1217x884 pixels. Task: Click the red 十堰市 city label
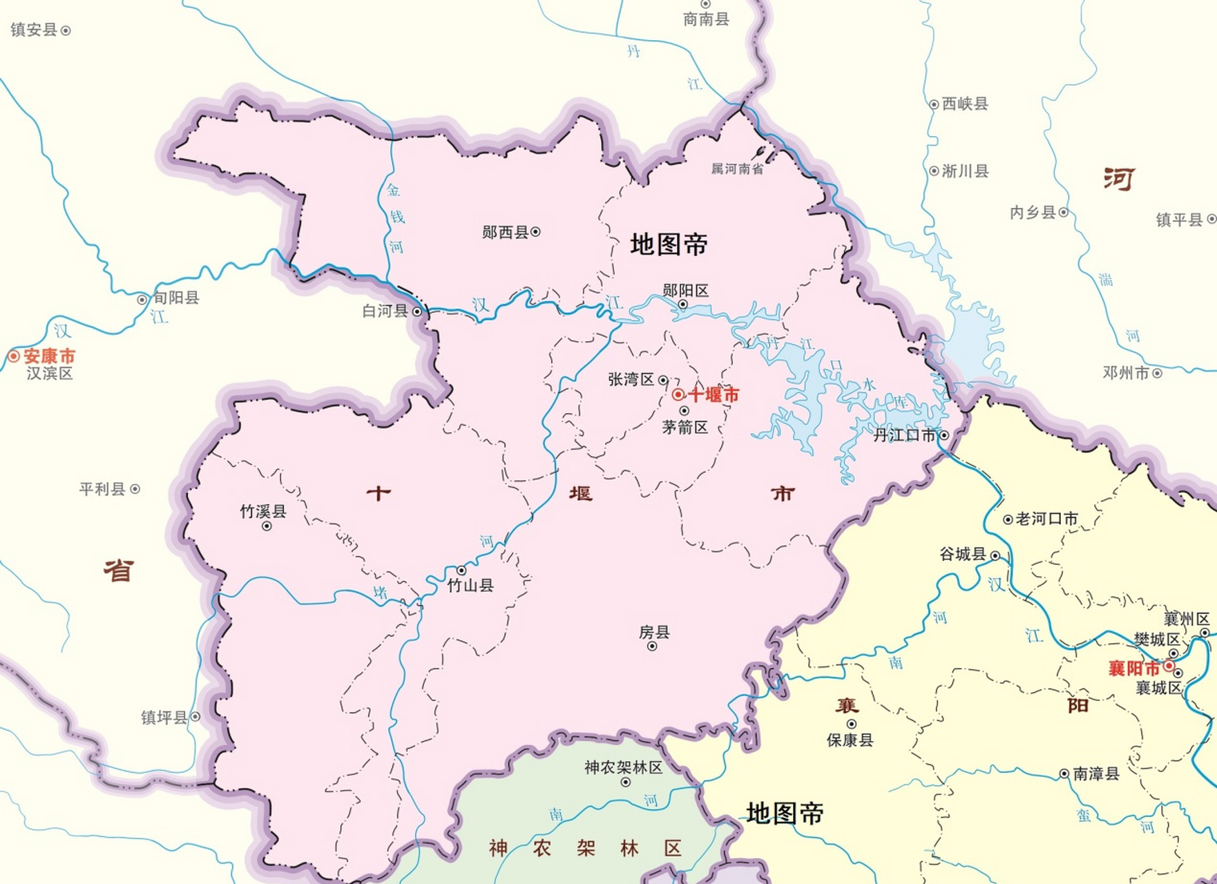point(713,395)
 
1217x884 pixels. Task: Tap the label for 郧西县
point(505,233)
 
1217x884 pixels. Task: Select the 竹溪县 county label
point(263,512)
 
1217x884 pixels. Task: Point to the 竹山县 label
point(470,586)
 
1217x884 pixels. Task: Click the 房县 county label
point(654,632)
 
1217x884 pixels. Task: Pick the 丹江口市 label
point(904,435)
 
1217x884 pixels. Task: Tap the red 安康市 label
point(49,356)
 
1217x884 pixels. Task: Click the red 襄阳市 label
point(1134,668)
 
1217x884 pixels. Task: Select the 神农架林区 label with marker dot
point(623,767)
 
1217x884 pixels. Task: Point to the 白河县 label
point(385,311)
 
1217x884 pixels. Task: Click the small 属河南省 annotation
point(737,169)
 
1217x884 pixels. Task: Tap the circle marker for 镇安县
point(66,30)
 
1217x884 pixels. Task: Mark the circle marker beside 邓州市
point(1157,374)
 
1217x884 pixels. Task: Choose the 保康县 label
point(850,740)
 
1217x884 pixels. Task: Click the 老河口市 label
point(1046,519)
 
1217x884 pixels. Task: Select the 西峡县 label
point(965,104)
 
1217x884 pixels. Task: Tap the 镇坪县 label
point(164,718)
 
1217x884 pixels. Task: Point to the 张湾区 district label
point(631,379)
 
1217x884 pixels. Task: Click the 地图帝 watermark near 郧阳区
point(669,244)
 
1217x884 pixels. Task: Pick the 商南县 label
point(706,19)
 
